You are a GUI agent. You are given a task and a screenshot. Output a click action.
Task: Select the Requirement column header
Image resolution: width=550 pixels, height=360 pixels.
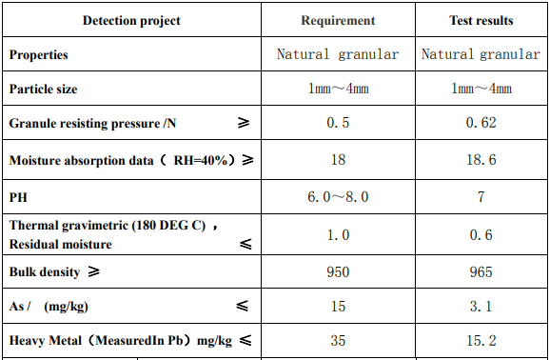(338, 21)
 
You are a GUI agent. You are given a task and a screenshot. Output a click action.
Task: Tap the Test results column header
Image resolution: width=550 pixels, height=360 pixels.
(481, 21)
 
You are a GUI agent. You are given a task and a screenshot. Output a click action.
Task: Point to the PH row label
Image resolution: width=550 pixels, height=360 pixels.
(18, 197)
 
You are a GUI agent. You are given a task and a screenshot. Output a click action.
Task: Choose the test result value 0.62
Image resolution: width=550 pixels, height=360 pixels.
(481, 125)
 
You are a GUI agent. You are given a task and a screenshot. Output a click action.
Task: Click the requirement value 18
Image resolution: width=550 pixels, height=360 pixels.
(338, 161)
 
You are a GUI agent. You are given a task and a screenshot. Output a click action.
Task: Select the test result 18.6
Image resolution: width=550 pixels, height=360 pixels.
(481, 161)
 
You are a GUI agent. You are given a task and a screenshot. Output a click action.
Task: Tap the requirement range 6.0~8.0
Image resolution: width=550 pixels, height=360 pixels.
(338, 197)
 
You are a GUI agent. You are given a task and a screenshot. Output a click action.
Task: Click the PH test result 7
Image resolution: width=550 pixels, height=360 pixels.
(481, 197)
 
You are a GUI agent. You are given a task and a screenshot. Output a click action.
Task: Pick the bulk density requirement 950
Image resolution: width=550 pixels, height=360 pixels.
(338, 272)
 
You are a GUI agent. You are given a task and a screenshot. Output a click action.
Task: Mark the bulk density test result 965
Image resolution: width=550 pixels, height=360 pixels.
(481, 272)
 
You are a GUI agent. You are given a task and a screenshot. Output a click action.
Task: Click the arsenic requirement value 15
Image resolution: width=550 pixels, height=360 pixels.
(338, 307)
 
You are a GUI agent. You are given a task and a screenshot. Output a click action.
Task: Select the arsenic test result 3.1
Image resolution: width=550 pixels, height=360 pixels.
(481, 307)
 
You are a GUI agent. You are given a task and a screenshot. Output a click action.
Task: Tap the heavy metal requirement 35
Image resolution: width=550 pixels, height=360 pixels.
(338, 340)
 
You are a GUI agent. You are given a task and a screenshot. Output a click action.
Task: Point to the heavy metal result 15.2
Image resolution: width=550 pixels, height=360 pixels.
(481, 340)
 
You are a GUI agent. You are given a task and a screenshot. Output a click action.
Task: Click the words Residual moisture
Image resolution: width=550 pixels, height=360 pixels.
(61, 244)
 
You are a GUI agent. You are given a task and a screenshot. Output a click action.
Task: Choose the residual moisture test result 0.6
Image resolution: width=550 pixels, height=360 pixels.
(481, 235)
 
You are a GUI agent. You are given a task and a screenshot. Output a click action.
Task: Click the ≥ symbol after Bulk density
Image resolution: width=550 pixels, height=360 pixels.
(93, 272)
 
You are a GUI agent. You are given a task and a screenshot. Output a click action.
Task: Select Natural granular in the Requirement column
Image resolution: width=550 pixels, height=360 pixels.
(338, 55)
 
